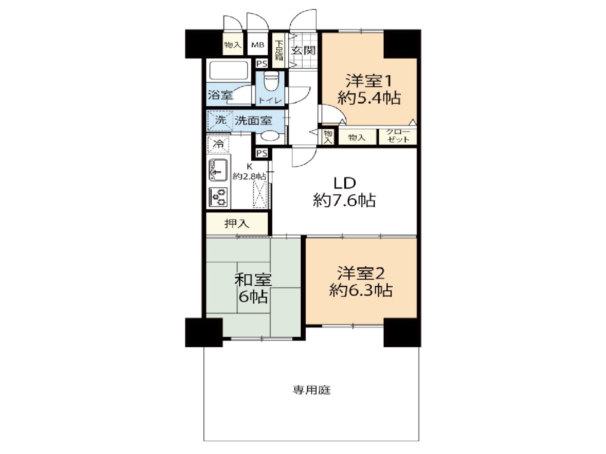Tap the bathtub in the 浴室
coord(229,71)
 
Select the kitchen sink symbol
coord(219,170)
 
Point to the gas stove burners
coord(219,197)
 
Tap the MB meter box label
coord(258,45)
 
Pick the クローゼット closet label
coord(398,135)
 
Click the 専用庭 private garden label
coord(311,390)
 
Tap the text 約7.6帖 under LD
coord(344,201)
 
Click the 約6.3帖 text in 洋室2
coord(361,290)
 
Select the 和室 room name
coord(253,280)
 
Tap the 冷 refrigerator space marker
coord(218,144)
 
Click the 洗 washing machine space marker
coord(221,120)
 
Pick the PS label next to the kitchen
coord(262,153)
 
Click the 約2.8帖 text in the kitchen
coord(249,176)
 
